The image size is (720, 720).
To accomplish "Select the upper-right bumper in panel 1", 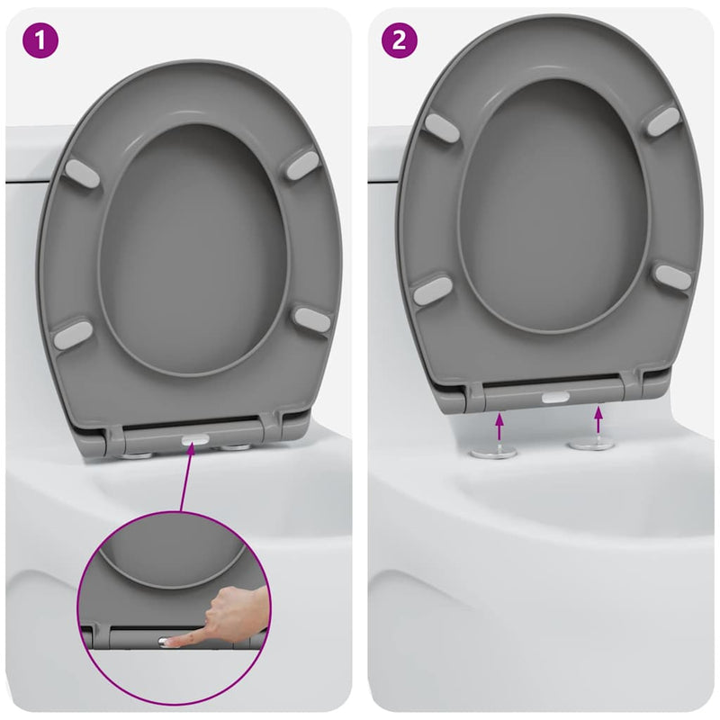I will [x=304, y=164].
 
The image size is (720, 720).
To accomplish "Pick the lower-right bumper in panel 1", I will [x=312, y=319].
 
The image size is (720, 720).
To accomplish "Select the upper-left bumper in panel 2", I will [x=442, y=126].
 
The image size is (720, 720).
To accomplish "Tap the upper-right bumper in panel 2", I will [x=663, y=121].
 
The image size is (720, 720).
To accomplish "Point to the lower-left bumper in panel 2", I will [x=432, y=290].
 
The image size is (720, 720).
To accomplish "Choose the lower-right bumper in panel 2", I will [x=672, y=277].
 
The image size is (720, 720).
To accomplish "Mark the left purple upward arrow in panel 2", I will [x=501, y=423].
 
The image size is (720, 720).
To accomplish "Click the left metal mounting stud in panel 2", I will [x=499, y=449].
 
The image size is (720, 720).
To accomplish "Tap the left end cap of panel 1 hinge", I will [x=114, y=442].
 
